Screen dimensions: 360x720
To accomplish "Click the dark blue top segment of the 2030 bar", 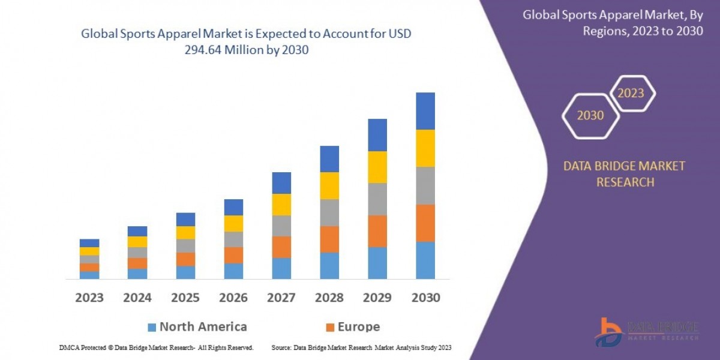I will pos(425,111).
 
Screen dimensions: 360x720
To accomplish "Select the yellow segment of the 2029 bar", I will pos(377,167).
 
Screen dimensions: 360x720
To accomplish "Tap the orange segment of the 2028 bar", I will pos(329,239).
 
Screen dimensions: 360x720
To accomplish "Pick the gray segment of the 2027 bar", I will pos(281,226).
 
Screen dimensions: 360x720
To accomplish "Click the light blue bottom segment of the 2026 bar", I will pos(233,271).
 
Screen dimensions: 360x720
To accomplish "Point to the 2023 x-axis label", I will pos(89,298).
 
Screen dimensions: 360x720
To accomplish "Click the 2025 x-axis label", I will pos(185,298).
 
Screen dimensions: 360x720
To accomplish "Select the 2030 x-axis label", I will pos(425,298).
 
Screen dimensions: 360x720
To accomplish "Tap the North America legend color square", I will pos(152,327).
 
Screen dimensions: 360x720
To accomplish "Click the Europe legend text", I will pos(359,327).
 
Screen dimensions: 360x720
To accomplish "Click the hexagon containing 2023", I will pos(631,93).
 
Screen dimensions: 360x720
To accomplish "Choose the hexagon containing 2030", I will pos(590,115).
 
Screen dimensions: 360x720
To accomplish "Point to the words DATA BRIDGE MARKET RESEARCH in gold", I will pos(624,174).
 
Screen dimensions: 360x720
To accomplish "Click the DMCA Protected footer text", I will pos(156,347).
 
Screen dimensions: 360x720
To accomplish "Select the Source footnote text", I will pos(361,347).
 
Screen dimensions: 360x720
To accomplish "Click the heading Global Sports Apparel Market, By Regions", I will pos(613,23).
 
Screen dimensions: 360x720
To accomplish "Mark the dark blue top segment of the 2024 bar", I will pos(137,231).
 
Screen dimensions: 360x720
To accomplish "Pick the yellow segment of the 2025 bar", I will pos(185,233).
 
